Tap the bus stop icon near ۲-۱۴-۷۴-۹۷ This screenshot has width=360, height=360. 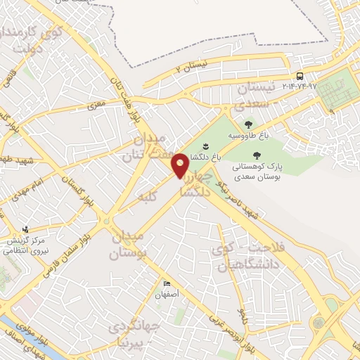point(300,76)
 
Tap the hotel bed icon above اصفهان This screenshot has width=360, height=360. point(166,283)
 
